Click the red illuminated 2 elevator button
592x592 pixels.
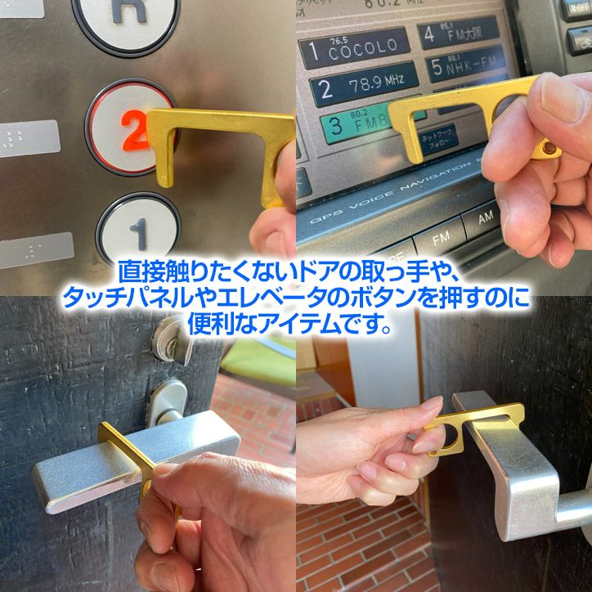point(131,126)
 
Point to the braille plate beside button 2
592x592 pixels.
point(29,139)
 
